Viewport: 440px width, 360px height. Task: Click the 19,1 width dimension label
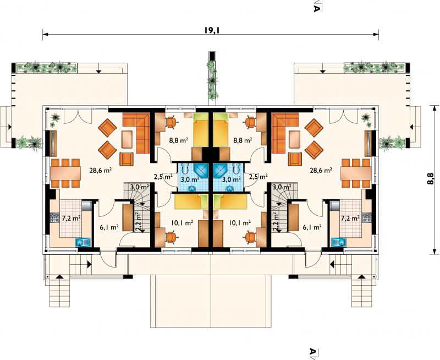pyautogui.click(x=211, y=30)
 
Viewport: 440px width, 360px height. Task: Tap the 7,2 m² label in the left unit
pyautogui.click(x=70, y=217)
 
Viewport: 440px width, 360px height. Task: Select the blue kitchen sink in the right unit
pyautogui.click(x=339, y=242)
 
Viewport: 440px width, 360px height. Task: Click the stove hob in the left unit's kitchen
pyautogui.click(x=53, y=217)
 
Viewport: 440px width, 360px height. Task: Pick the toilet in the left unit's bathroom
pyautogui.click(x=185, y=168)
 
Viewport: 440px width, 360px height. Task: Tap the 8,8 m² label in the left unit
pyautogui.click(x=178, y=140)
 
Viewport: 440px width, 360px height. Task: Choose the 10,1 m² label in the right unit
pyautogui.click(x=239, y=223)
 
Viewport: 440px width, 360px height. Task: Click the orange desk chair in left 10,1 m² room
pyautogui.click(x=171, y=237)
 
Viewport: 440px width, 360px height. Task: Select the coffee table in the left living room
pyautogui.click(x=127, y=139)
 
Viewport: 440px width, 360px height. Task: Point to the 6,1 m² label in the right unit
pyautogui.click(x=312, y=227)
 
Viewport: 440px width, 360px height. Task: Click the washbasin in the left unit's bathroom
pyautogui.click(x=192, y=188)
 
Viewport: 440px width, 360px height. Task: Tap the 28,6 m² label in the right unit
pyautogui.click(x=321, y=170)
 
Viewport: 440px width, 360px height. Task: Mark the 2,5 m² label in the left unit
pyautogui.click(x=163, y=177)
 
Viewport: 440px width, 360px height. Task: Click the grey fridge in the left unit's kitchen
pyautogui.click(x=86, y=205)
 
